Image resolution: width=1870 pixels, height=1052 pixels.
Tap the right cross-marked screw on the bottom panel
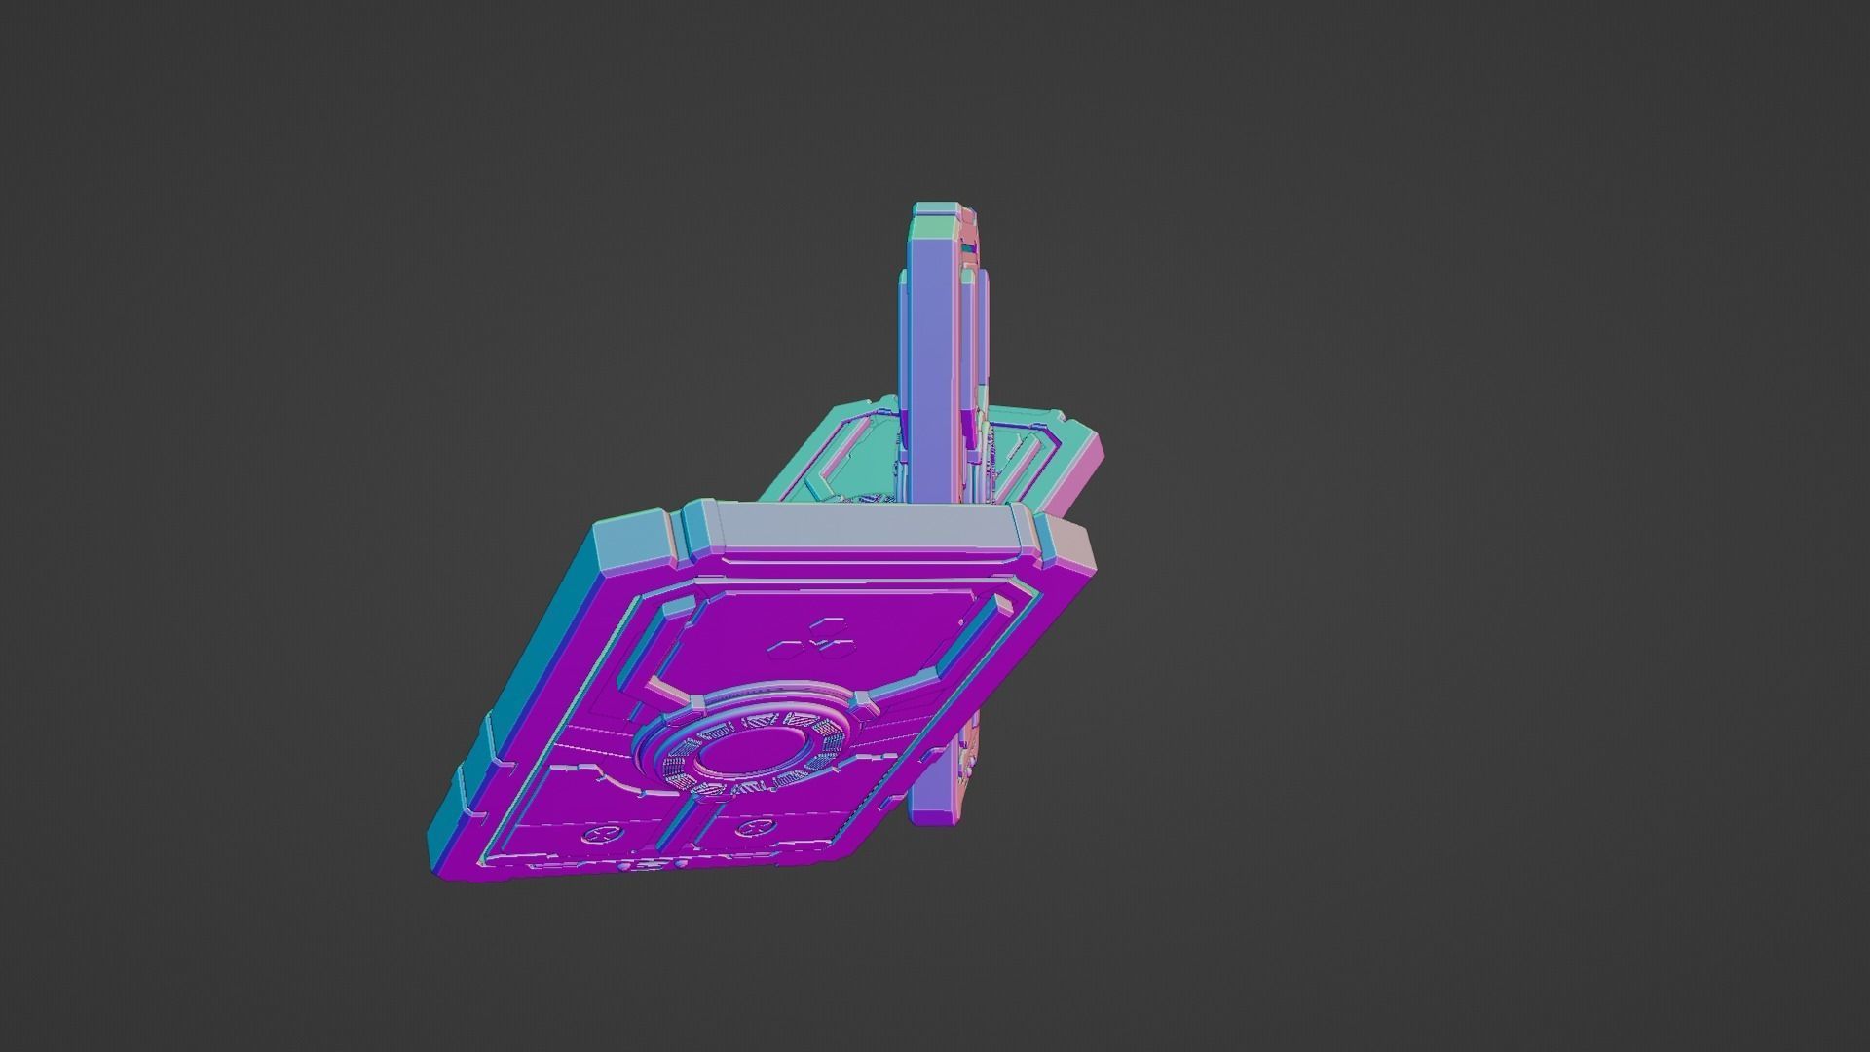tap(749, 829)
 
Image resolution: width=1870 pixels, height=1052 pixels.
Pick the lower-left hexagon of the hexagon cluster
tap(788, 646)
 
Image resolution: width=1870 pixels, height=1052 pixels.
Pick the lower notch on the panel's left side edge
tap(470, 779)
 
